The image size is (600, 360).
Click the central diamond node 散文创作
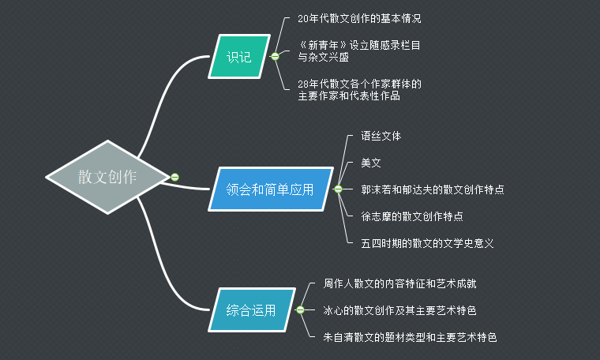click(x=107, y=177)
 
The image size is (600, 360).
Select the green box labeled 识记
click(x=238, y=57)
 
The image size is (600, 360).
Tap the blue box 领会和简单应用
click(x=270, y=189)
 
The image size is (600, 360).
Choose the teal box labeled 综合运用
click(x=251, y=310)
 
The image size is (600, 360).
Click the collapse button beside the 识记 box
click(x=275, y=57)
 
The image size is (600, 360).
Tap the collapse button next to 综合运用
click(x=300, y=310)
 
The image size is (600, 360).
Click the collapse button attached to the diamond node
click(x=174, y=177)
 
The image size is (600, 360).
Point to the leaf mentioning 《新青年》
click(x=358, y=51)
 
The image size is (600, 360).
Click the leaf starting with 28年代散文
click(x=359, y=89)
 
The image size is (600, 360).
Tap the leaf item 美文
click(x=371, y=163)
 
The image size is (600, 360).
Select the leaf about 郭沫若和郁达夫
click(x=433, y=189)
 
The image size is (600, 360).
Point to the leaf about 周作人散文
click(x=399, y=283)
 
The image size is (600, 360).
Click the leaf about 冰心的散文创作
click(x=399, y=310)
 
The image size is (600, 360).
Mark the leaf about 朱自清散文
click(x=410, y=337)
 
